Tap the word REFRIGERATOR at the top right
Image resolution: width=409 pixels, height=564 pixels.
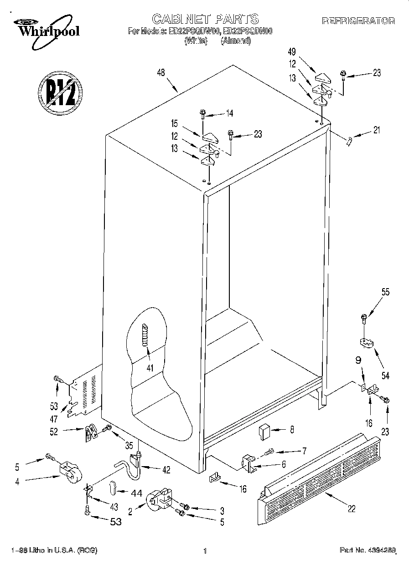(358, 21)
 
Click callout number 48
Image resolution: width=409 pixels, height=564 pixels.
(160, 72)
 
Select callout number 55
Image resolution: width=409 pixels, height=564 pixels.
(385, 293)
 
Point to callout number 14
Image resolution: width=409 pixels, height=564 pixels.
(229, 113)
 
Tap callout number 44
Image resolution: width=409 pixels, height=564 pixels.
(136, 493)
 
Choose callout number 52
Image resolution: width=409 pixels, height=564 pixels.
(54, 432)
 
